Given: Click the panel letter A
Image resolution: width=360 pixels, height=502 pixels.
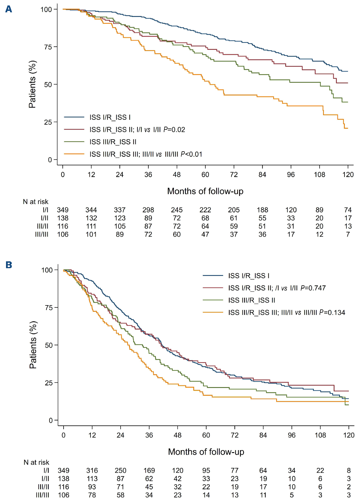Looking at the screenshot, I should (x=9, y=9).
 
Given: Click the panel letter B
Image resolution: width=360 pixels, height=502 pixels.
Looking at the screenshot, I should (x=9, y=264).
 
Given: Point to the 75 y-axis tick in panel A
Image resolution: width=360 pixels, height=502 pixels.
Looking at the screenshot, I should (x=48, y=47).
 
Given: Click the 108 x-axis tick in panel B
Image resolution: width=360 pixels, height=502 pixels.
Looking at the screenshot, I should (x=320, y=435).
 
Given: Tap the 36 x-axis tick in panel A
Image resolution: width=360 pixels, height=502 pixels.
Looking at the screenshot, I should (x=148, y=175).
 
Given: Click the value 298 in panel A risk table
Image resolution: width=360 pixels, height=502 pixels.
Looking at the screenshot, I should (x=148, y=210).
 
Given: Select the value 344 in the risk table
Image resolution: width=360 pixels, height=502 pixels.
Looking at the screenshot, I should (x=91, y=210).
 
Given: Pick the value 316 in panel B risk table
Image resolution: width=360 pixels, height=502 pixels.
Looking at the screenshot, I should (x=92, y=470).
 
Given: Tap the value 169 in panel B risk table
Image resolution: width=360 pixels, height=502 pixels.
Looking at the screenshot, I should (x=149, y=470).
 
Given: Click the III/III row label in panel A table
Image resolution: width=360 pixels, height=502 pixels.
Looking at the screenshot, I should (x=42, y=234).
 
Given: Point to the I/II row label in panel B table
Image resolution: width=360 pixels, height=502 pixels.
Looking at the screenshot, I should (x=45, y=479).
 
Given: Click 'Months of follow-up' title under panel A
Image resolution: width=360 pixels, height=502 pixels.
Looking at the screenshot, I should (x=205, y=191).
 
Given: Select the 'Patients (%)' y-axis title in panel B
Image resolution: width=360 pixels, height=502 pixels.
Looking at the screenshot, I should (x=33, y=345).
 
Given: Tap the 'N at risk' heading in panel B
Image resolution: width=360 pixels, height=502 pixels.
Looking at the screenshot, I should (x=36, y=462).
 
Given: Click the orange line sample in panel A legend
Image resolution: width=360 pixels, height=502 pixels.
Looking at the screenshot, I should (x=74, y=154).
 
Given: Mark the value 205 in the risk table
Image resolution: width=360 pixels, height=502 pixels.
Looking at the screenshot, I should (x=234, y=210).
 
